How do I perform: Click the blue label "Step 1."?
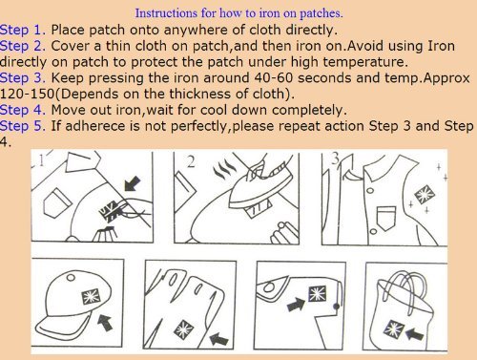coord(23,30)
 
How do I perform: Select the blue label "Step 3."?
coord(23,78)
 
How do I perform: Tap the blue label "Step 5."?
coord(23,126)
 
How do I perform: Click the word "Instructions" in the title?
coord(166,13)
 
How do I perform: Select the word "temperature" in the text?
coord(363,62)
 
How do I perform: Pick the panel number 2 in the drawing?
coord(191,162)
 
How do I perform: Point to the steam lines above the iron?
coord(225,169)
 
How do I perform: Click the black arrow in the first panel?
coord(133,183)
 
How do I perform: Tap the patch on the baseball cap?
coord(91,297)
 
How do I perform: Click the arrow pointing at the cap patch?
coord(105,322)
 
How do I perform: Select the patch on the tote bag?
coord(393,329)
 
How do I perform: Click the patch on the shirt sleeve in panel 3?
coord(425,195)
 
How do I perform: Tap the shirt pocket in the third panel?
coord(386,218)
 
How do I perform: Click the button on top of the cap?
coord(71,278)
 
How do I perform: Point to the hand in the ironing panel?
coord(284,233)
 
